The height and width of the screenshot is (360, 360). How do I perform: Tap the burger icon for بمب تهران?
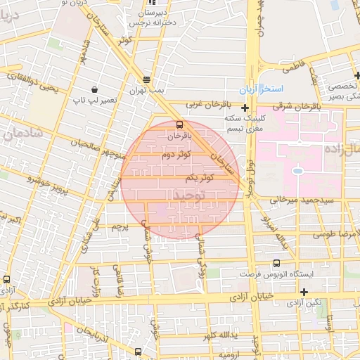(x=146, y=79)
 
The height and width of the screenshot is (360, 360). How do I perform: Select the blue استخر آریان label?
(x=280, y=89)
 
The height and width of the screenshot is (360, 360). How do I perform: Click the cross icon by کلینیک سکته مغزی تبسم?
(x=245, y=108)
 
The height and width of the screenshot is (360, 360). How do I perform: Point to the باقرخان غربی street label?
(x=204, y=104)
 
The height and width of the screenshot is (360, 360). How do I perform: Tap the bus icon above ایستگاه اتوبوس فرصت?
(x=245, y=258)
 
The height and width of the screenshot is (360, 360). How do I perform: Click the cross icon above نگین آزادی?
(x=304, y=292)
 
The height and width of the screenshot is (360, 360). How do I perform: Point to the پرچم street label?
(x=120, y=227)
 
